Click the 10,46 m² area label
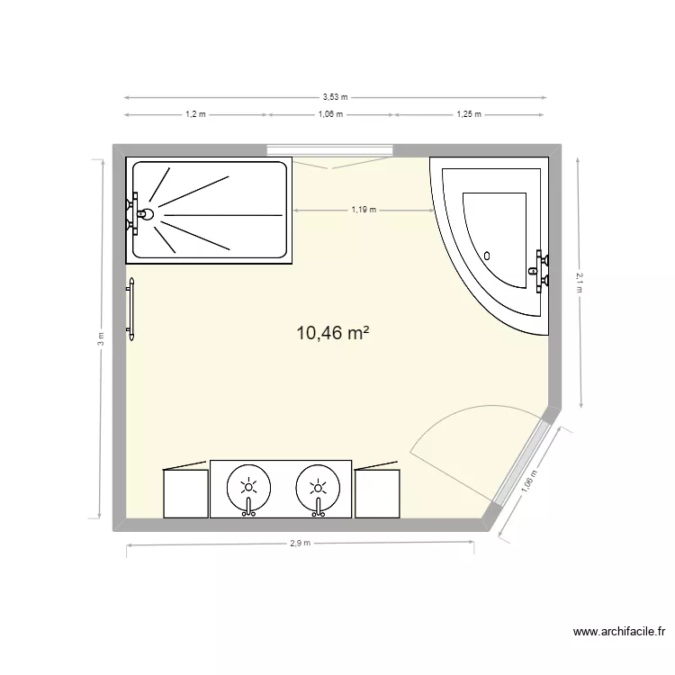333,334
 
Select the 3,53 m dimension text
335,96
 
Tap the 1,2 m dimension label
195,114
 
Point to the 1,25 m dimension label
469,114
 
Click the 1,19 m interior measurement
364,210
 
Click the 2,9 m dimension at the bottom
301,543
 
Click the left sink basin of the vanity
248,487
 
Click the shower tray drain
145,215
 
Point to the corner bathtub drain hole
488,255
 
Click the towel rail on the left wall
131,309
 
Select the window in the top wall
330,149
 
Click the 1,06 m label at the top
331,114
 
